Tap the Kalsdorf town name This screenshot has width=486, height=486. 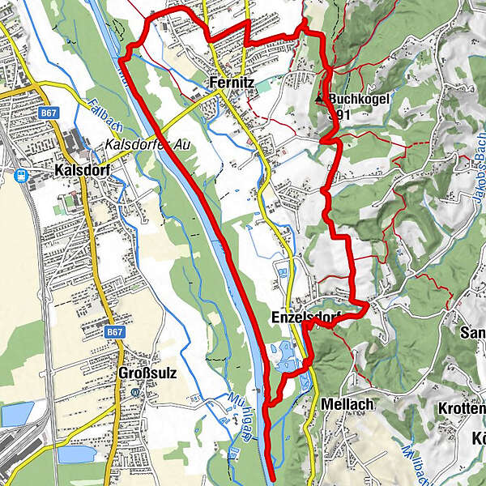click(81, 171)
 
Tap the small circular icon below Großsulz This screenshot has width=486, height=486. click(136, 390)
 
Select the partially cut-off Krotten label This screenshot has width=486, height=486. click(463, 407)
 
